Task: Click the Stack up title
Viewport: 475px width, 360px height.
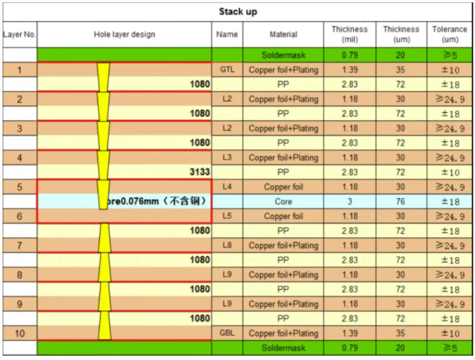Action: [x=238, y=12]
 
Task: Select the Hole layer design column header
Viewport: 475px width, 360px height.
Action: [x=124, y=34]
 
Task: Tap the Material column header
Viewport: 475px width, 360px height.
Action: [x=283, y=34]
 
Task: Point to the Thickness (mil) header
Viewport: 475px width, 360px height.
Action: [x=350, y=34]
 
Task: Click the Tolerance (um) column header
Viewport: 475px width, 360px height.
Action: [x=449, y=34]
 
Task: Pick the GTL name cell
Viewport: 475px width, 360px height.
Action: [x=227, y=69]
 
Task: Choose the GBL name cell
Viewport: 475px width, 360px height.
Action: [x=227, y=333]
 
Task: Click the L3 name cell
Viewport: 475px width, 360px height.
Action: [x=227, y=157]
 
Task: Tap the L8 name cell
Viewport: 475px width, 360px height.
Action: [x=227, y=245]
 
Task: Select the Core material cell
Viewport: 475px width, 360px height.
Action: [x=283, y=201]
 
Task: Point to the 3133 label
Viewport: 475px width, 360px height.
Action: [x=199, y=172]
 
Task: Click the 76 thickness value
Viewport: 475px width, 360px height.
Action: [x=400, y=201]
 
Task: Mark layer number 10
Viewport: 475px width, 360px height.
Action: [x=20, y=334]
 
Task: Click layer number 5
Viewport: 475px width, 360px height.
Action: [x=20, y=187]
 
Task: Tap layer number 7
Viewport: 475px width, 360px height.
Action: [x=20, y=246]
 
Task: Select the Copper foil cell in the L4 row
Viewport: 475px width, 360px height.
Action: [x=283, y=187]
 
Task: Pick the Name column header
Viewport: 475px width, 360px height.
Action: [x=227, y=34]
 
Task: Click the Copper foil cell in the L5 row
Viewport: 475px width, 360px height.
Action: [x=283, y=216]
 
